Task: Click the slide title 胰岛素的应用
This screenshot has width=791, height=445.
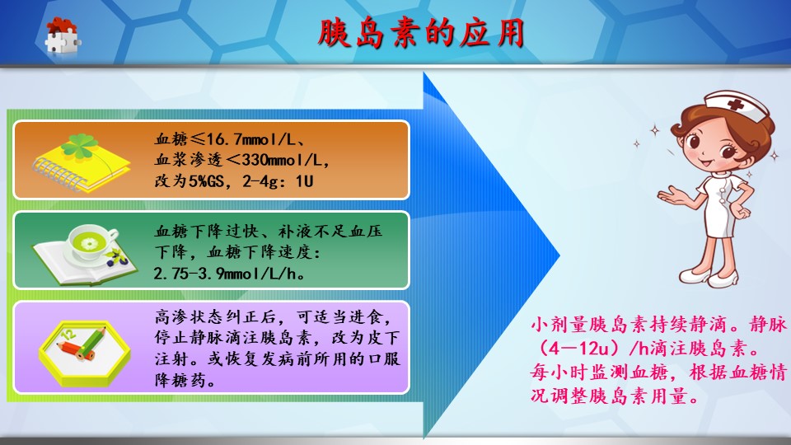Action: click(421, 33)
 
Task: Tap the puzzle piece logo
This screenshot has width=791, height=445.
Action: click(62, 35)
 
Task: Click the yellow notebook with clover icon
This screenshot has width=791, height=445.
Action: click(82, 161)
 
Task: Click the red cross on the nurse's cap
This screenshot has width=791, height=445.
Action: click(735, 105)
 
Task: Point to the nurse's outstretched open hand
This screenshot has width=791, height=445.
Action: click(672, 196)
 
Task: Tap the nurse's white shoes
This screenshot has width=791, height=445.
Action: click(709, 277)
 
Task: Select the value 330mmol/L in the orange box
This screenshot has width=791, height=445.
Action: click(282, 160)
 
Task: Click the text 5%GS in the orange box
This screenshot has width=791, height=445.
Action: click(206, 180)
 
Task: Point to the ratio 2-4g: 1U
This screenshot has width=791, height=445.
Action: click(278, 181)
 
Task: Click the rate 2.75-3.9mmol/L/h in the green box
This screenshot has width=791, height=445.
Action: click(229, 274)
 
